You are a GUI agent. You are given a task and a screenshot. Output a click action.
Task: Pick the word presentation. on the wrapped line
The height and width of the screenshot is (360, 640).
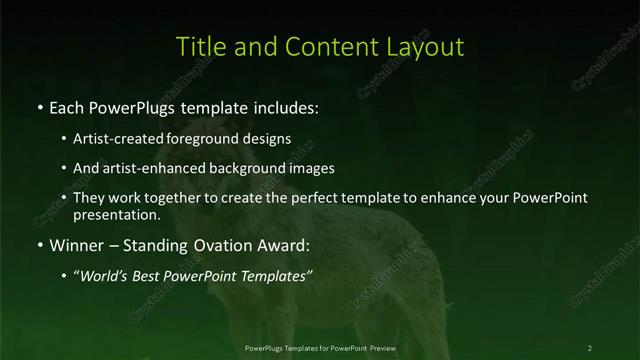click(117, 214)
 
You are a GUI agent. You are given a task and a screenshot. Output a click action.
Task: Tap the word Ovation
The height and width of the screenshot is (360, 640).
click(220, 243)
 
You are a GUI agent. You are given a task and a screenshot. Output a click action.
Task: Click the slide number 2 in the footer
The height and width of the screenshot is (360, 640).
click(590, 347)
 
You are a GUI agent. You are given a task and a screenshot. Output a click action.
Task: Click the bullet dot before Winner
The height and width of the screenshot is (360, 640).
click(39, 244)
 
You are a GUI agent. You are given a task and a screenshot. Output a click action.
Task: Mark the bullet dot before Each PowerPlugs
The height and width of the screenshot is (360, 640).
click(39, 105)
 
